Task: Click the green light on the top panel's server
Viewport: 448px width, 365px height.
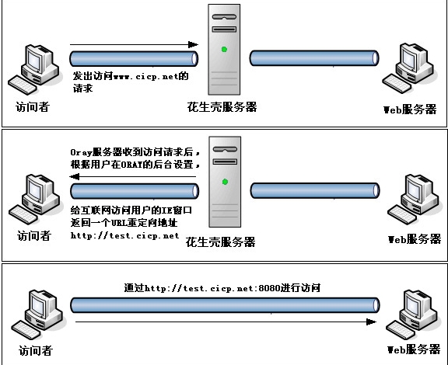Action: tap(224, 50)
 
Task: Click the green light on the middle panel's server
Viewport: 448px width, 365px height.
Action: tap(225, 182)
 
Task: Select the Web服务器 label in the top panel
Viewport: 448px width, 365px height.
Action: tap(410, 109)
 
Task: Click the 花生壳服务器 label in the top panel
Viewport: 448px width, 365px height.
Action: tap(222, 107)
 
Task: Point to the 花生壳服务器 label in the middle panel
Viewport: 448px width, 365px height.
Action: tap(220, 242)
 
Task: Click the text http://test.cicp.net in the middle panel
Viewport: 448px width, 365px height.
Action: tap(125, 235)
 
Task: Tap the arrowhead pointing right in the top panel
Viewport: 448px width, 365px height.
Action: tap(193, 44)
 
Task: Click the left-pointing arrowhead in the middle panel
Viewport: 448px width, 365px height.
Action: tap(75, 176)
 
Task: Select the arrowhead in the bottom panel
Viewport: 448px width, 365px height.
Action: tap(371, 322)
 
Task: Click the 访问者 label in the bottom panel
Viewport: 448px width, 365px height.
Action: tap(36, 351)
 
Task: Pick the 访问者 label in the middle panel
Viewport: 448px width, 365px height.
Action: tap(34, 236)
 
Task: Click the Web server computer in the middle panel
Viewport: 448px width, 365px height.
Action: tap(413, 199)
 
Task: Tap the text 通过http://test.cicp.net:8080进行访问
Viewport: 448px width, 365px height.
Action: tap(222, 288)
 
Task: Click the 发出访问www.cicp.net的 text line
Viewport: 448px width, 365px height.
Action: tap(131, 76)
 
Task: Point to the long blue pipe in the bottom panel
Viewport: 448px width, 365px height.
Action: tap(225, 305)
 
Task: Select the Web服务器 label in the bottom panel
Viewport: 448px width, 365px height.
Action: tap(414, 349)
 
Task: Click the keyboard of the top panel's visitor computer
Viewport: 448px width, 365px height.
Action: tap(23, 85)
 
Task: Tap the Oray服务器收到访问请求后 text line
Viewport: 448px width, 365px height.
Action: tap(135, 152)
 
